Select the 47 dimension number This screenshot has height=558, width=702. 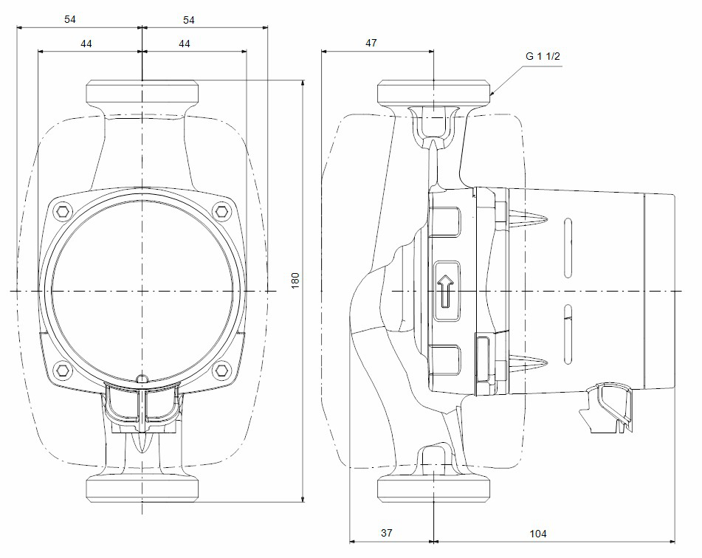[371, 43]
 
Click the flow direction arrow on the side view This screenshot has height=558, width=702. [446, 292]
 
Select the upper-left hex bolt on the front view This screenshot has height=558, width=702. [61, 212]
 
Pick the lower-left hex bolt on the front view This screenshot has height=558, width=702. [61, 368]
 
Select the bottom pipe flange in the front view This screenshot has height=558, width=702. [142, 488]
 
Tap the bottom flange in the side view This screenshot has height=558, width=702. [434, 488]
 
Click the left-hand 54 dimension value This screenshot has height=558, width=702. [70, 20]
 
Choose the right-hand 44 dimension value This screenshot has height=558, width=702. [185, 44]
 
